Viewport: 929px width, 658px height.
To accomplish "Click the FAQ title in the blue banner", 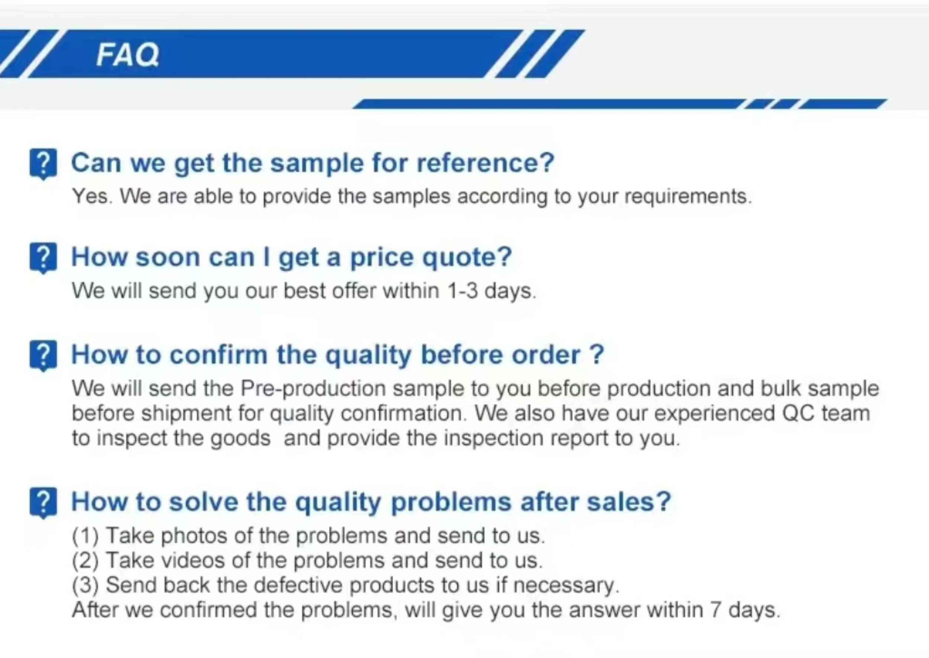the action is coord(127,55).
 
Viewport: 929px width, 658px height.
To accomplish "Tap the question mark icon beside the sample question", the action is coord(43,164).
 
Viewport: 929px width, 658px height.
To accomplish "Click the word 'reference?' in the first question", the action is coord(485,163).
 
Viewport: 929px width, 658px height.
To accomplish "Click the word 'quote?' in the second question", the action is coord(467,258).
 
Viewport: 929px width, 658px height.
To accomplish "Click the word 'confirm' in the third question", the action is coord(219,355).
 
